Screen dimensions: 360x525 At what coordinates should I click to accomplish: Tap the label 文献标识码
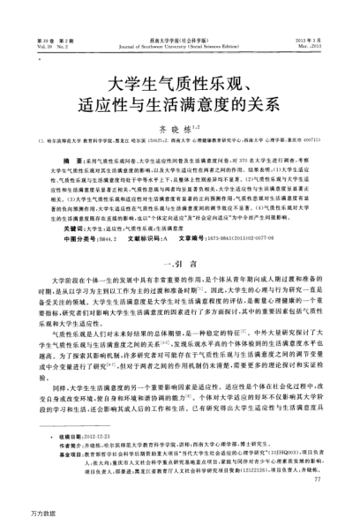[x=132, y=239]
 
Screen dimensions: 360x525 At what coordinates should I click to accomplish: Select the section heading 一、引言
[x=180, y=263]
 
